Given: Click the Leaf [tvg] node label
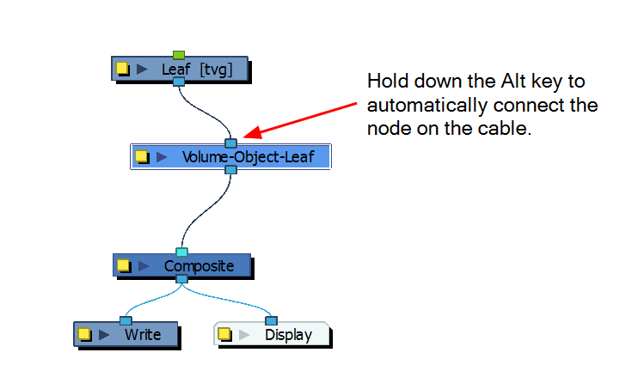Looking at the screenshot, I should point(196,69).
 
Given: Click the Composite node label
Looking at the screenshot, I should point(199,265).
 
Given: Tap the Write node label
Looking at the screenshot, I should point(142,334).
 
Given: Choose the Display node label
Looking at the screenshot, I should point(288,334).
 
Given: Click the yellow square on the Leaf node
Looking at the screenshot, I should point(123,69).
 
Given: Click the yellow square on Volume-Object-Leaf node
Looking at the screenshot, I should point(142,157).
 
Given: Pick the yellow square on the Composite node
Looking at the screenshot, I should point(124,265).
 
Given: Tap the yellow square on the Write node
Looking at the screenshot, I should point(84,334).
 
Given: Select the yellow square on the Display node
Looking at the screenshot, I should point(224,334).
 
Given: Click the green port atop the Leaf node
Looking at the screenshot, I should point(179,55).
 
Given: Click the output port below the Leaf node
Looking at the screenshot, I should point(179,82).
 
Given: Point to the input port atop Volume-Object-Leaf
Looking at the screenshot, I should point(230,143).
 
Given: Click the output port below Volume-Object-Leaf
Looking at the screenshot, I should point(230,171).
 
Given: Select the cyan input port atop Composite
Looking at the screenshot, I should point(181,252).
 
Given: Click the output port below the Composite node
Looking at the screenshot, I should point(181,279).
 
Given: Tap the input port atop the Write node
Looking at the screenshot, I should point(126,320).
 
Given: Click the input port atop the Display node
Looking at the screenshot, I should point(272,320).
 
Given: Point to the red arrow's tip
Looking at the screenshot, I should point(244,137).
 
